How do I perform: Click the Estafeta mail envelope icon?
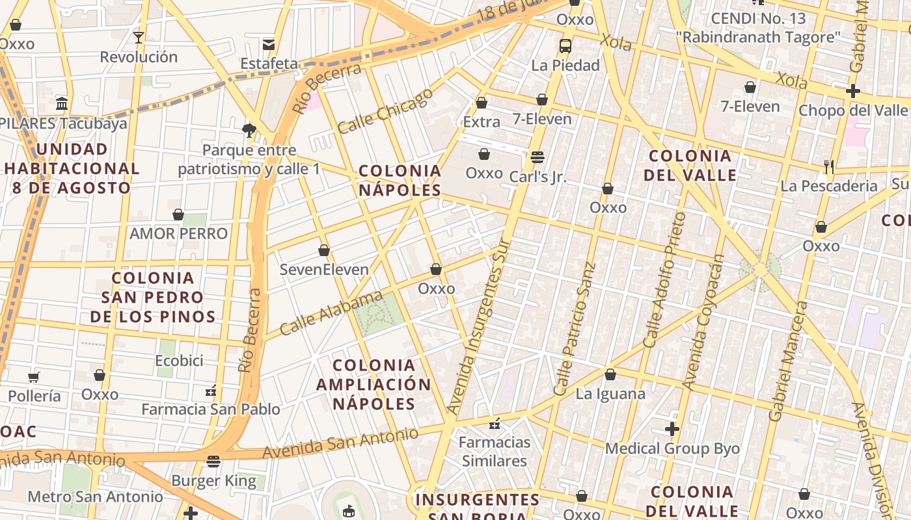point(268,44)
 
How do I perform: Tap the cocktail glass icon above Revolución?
point(138,37)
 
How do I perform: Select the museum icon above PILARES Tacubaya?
point(62,103)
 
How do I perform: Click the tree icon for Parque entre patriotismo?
point(249,131)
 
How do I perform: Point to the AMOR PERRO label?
point(179,233)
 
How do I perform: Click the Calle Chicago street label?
point(385,110)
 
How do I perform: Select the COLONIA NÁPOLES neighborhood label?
point(400,181)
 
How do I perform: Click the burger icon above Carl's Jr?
point(537,157)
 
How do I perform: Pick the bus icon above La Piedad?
point(565,46)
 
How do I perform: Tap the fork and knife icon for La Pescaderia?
point(829,167)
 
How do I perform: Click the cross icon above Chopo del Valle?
point(852,91)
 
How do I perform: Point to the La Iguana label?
point(610,394)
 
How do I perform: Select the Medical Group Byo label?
point(672,448)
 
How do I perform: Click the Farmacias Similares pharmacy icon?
point(495,424)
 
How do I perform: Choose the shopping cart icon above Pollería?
point(34,377)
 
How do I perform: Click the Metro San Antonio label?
point(95,497)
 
